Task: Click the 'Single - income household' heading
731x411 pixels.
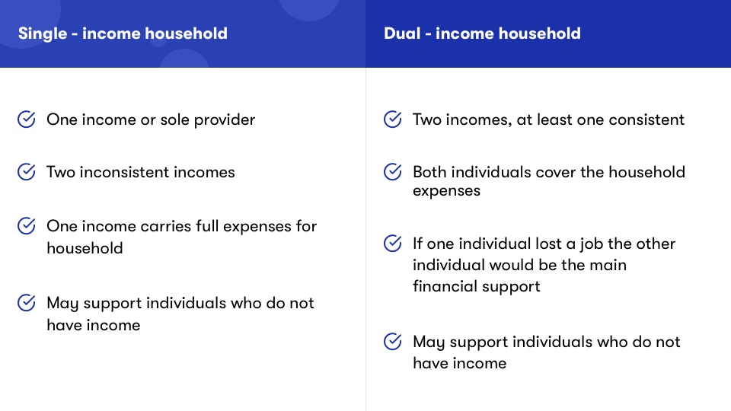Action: [123, 33]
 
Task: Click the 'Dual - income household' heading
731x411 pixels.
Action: [482, 33]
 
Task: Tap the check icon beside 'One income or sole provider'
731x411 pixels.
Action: [27, 119]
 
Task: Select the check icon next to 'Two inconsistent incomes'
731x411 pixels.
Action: [27, 172]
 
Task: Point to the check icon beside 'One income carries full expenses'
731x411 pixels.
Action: [27, 226]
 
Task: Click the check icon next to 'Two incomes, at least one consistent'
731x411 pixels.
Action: [393, 119]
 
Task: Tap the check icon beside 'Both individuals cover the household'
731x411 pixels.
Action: [393, 172]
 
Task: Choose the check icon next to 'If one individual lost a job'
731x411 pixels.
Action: [393, 244]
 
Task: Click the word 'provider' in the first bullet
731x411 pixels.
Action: [225, 120]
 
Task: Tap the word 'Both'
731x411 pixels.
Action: [429, 172]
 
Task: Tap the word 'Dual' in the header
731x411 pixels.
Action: [402, 33]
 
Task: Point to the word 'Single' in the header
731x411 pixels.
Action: [43, 34]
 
